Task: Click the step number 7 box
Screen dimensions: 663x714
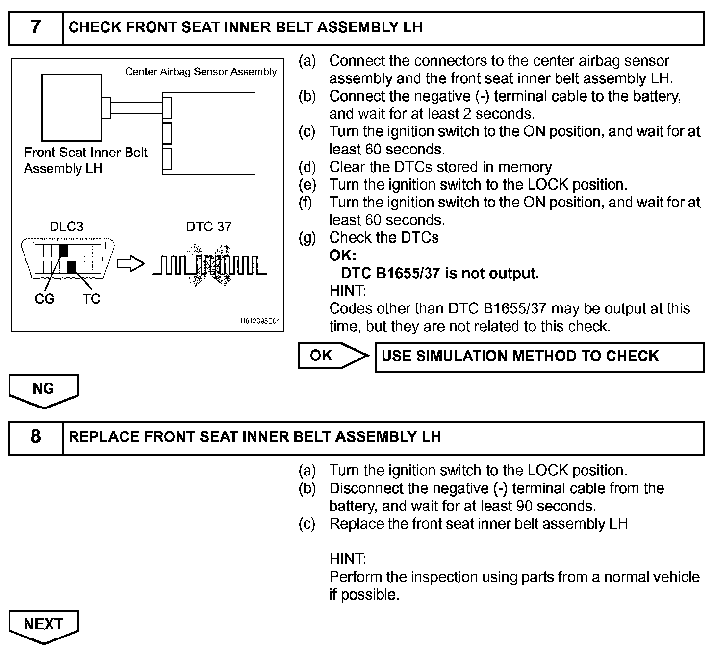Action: (x=36, y=28)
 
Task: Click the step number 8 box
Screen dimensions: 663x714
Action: (x=36, y=437)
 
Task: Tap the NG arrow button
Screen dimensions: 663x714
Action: (x=44, y=390)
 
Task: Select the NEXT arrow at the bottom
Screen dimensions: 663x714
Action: (x=44, y=625)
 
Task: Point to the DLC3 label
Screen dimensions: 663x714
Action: (x=67, y=227)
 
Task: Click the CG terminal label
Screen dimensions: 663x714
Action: (x=45, y=299)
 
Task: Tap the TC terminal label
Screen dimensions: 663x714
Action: (x=91, y=299)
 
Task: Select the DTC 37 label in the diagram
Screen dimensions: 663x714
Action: (x=208, y=227)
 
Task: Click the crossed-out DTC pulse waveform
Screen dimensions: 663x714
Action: (x=209, y=265)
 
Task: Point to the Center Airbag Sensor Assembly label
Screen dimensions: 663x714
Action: (x=201, y=72)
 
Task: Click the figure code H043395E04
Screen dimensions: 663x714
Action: (x=260, y=321)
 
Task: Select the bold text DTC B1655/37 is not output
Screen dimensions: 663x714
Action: (x=440, y=273)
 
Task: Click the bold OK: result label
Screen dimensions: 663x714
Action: (x=343, y=255)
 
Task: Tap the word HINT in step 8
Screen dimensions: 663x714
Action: (x=348, y=559)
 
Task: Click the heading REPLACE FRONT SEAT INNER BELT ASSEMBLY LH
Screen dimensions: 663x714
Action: (x=255, y=437)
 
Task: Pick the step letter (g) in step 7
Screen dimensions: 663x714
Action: (x=307, y=238)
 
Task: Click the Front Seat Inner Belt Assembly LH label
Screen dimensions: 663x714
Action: (x=85, y=160)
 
